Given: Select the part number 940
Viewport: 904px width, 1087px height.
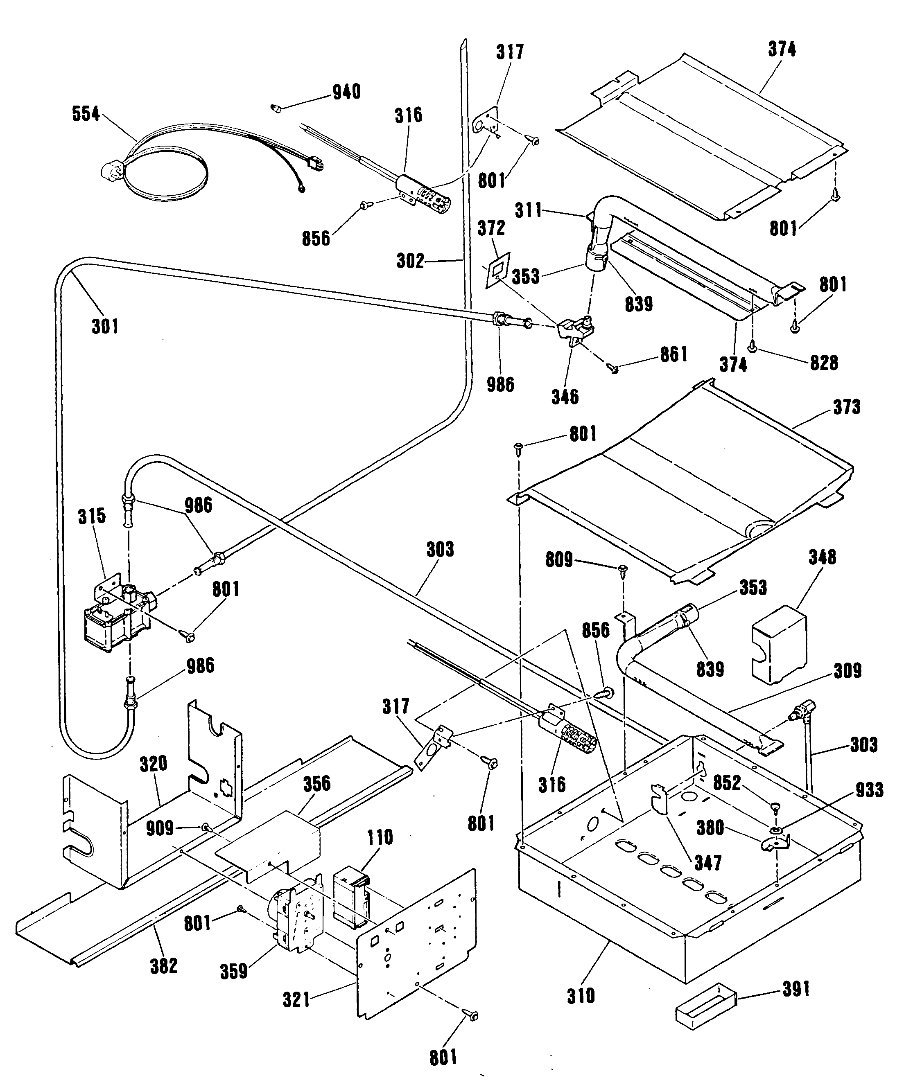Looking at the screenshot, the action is click(346, 92).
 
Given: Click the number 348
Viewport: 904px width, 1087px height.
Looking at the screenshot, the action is click(822, 557).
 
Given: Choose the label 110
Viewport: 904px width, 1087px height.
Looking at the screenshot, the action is click(380, 837).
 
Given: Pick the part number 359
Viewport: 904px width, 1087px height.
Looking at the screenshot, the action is click(234, 971).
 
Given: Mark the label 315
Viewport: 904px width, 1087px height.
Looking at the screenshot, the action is click(92, 516).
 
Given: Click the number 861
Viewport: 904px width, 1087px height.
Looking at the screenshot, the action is click(673, 354).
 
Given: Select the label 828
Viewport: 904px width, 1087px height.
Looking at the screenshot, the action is click(824, 363).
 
